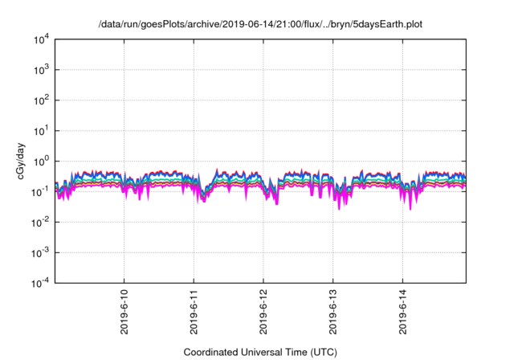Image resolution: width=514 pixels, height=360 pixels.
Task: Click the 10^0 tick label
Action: pyautogui.click(x=41, y=161)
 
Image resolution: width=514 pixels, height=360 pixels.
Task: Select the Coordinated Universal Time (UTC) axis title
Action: pyautogui.click(x=261, y=352)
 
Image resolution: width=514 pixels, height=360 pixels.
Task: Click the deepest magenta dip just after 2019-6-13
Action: pyautogui.click(x=339, y=208)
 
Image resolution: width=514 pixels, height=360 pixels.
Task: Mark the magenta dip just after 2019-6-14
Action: pyautogui.click(x=411, y=208)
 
